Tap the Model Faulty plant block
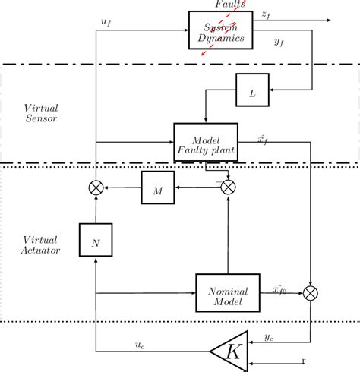point(207,142)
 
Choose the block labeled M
point(158,188)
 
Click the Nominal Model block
point(228,292)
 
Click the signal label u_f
point(106,23)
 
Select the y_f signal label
point(279,42)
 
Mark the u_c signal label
point(141,345)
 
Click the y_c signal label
point(270,336)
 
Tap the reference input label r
point(304,360)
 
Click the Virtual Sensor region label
point(40,113)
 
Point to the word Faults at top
point(229,4)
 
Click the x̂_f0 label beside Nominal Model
point(280,288)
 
